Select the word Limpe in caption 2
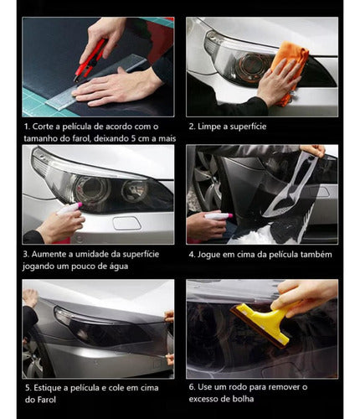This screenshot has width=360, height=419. pyautogui.click(x=212, y=126)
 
